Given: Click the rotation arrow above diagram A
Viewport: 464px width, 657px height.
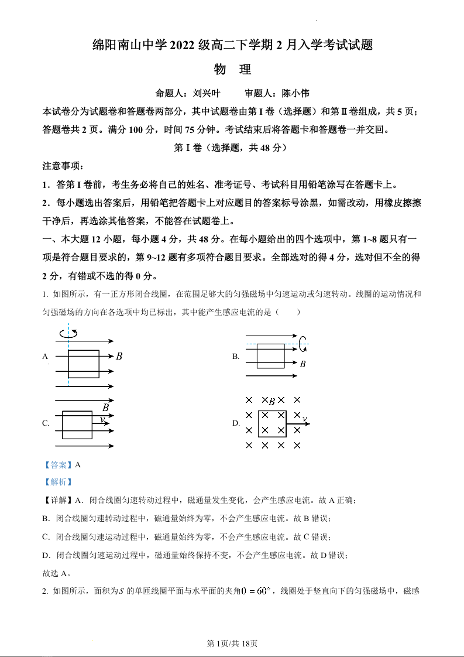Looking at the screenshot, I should coord(68,333).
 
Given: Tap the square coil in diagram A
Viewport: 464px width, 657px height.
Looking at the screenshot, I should coord(83,364).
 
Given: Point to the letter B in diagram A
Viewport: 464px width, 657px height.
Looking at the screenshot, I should coord(119,356).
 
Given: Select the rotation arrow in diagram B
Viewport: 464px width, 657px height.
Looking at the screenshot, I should coord(303,344).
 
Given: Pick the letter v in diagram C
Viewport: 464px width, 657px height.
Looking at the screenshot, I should coord(102,419).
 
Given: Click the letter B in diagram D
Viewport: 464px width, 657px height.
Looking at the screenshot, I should coord(271,401).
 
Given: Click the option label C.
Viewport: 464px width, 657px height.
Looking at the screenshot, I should coord(46,423).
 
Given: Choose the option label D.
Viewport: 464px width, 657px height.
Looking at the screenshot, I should coord(236,423).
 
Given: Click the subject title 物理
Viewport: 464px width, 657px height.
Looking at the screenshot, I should coord(232,69).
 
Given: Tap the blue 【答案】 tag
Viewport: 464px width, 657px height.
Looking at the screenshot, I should coord(58,465).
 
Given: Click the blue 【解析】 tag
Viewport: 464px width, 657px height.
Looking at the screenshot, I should coord(58,482).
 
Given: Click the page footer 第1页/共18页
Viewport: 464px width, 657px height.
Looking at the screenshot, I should coord(232,643).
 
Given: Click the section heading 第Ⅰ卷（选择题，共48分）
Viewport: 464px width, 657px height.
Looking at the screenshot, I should coord(232,148).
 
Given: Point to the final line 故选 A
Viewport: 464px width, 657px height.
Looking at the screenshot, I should coord(56,573).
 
